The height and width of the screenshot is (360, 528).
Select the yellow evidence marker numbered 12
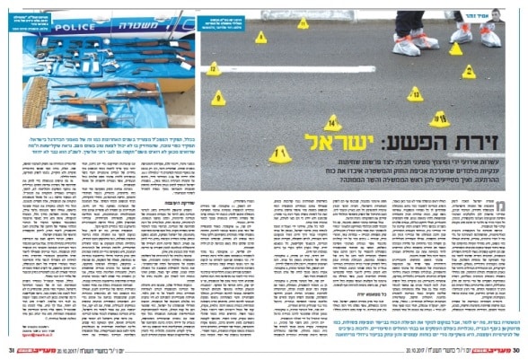tap(214, 68)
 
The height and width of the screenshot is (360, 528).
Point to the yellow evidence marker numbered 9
tap(218, 97)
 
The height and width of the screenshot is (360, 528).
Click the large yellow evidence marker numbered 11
tap(280, 154)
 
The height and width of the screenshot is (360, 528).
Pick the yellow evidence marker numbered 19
tap(439, 119)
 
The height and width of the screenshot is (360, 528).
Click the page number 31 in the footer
tap(12, 351)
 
